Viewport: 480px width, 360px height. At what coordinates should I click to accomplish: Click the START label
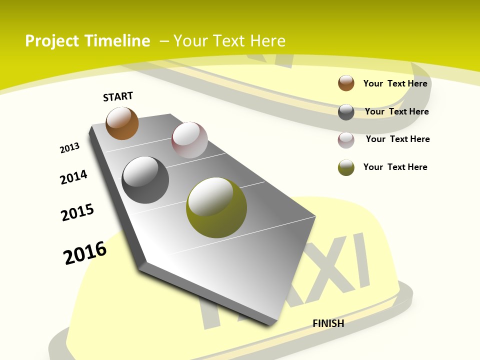118,96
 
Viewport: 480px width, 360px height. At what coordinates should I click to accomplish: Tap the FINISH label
328,323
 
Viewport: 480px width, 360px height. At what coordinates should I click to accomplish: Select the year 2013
69,148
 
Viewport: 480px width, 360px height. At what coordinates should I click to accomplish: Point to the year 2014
73,177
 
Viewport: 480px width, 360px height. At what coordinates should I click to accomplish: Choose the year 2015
77,212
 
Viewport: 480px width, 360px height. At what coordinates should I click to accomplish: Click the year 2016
85,252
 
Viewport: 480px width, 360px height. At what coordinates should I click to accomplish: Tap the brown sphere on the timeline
122,123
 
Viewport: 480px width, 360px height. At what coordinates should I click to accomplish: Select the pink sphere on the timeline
189,140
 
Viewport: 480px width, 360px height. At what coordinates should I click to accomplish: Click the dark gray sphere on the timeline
145,180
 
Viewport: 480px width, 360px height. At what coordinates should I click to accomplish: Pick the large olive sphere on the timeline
216,207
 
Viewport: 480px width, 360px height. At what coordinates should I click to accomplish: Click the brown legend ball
346,83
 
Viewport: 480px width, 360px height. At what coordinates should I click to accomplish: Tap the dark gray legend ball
346,112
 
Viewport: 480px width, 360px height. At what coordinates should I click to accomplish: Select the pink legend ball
346,140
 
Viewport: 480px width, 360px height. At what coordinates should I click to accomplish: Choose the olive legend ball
346,167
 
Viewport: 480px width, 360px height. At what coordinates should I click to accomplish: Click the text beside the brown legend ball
395,83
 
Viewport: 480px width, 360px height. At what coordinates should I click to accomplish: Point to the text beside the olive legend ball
395,167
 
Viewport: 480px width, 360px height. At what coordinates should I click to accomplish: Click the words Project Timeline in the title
87,41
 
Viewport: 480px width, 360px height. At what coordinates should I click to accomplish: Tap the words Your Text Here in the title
229,41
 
